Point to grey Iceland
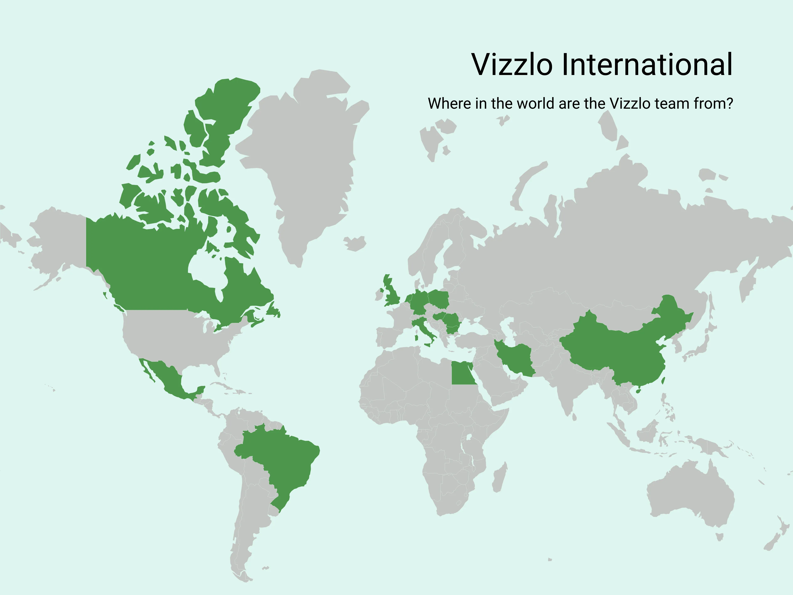(x=355, y=243)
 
